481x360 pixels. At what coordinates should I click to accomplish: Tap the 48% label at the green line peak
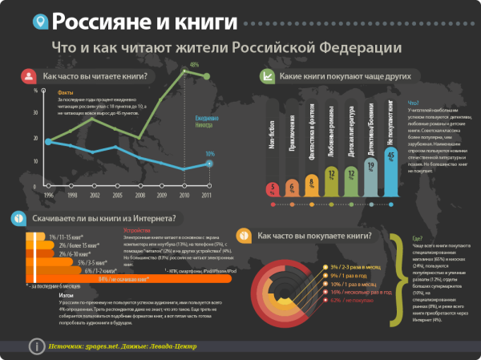tap(194, 65)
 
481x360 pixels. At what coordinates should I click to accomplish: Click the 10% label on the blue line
tap(209, 154)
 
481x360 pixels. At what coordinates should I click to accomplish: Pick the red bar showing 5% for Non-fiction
tap(273, 189)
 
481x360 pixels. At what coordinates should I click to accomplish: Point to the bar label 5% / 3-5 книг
tap(86, 262)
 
